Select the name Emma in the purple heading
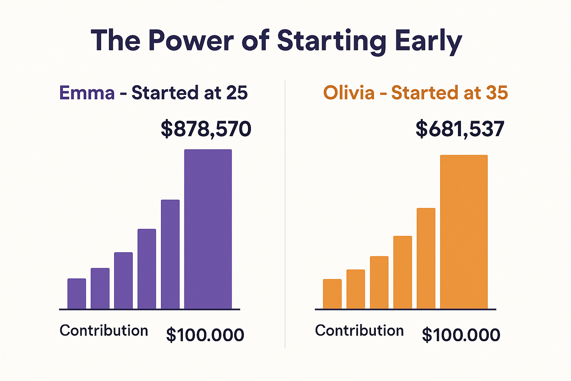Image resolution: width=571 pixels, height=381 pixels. click(87, 93)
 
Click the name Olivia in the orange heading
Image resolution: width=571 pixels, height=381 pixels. click(349, 93)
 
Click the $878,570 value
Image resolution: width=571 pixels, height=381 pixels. click(206, 129)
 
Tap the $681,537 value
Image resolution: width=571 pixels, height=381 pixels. click(460, 129)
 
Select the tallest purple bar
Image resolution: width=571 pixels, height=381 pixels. click(208, 229)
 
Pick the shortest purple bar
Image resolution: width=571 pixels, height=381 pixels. click(77, 294)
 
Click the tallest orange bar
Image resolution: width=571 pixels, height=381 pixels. click(464, 231)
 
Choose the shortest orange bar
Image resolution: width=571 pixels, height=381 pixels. click(332, 294)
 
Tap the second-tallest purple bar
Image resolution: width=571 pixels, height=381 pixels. click(170, 254)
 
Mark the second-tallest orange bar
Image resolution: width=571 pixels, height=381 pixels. click(426, 258)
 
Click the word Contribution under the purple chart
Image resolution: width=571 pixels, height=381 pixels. click(104, 331)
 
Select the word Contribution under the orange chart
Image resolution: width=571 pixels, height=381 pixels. click(359, 331)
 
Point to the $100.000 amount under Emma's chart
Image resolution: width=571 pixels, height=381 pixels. click(205, 335)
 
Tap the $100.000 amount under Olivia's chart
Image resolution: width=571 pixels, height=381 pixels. click(461, 335)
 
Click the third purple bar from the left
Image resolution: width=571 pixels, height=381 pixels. click(123, 281)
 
